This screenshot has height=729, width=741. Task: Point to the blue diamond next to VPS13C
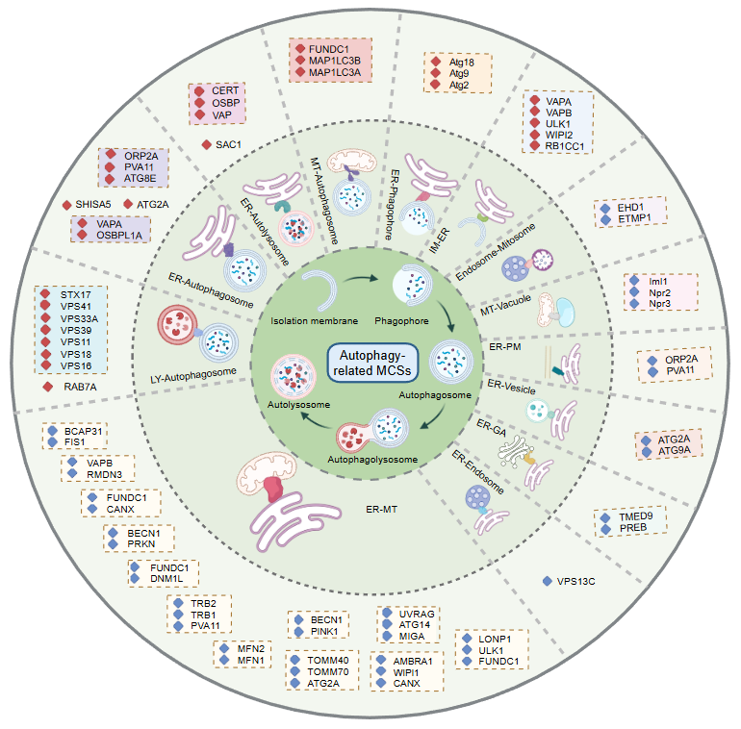pyautogui.click(x=548, y=581)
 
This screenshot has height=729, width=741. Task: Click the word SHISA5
pyautogui.click(x=94, y=204)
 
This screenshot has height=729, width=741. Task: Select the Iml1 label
pyautogui.click(x=660, y=279)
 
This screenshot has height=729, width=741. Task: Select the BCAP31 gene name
pyautogui.click(x=85, y=431)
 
